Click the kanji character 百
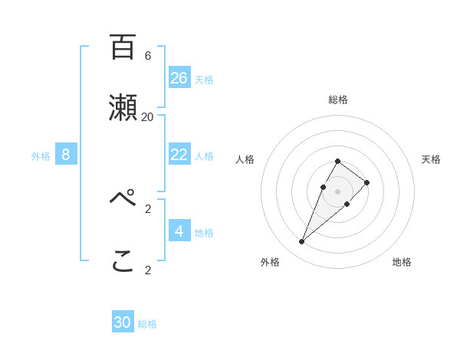coord(123,47)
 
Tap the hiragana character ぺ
coord(123,198)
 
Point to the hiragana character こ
coord(123,261)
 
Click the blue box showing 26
coord(179,78)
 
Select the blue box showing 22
coord(179,155)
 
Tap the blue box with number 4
coord(179,231)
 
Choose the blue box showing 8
coord(66,155)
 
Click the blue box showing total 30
coord(123,322)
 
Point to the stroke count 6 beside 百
coord(148,56)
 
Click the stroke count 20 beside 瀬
coord(148,117)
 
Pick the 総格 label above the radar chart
coord(338,100)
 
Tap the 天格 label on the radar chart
coord(431,159)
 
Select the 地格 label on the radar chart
coord(402,262)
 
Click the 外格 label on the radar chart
coord(270,262)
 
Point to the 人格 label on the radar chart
coord(245,159)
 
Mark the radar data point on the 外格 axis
coord(301,242)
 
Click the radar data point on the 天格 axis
coord(367,182)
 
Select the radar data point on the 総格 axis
coord(338,161)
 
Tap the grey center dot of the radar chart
coord(338,191)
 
